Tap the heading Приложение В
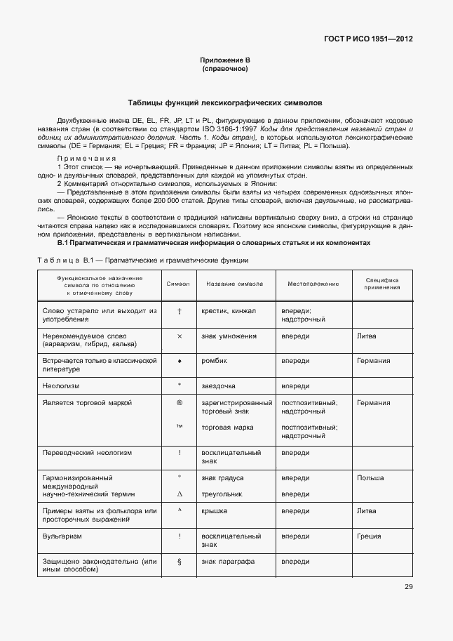click(x=225, y=61)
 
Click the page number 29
click(x=408, y=587)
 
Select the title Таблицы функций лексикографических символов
click(x=225, y=103)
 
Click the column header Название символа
click(x=234, y=284)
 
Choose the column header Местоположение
click(x=313, y=284)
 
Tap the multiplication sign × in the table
click(x=180, y=336)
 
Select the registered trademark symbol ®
click(x=180, y=403)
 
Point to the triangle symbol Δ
click(x=180, y=494)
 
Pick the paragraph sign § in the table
click(x=180, y=562)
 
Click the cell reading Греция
click(x=369, y=536)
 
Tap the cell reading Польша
click(x=370, y=478)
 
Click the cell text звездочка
click(x=219, y=386)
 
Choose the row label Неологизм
click(x=62, y=386)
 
